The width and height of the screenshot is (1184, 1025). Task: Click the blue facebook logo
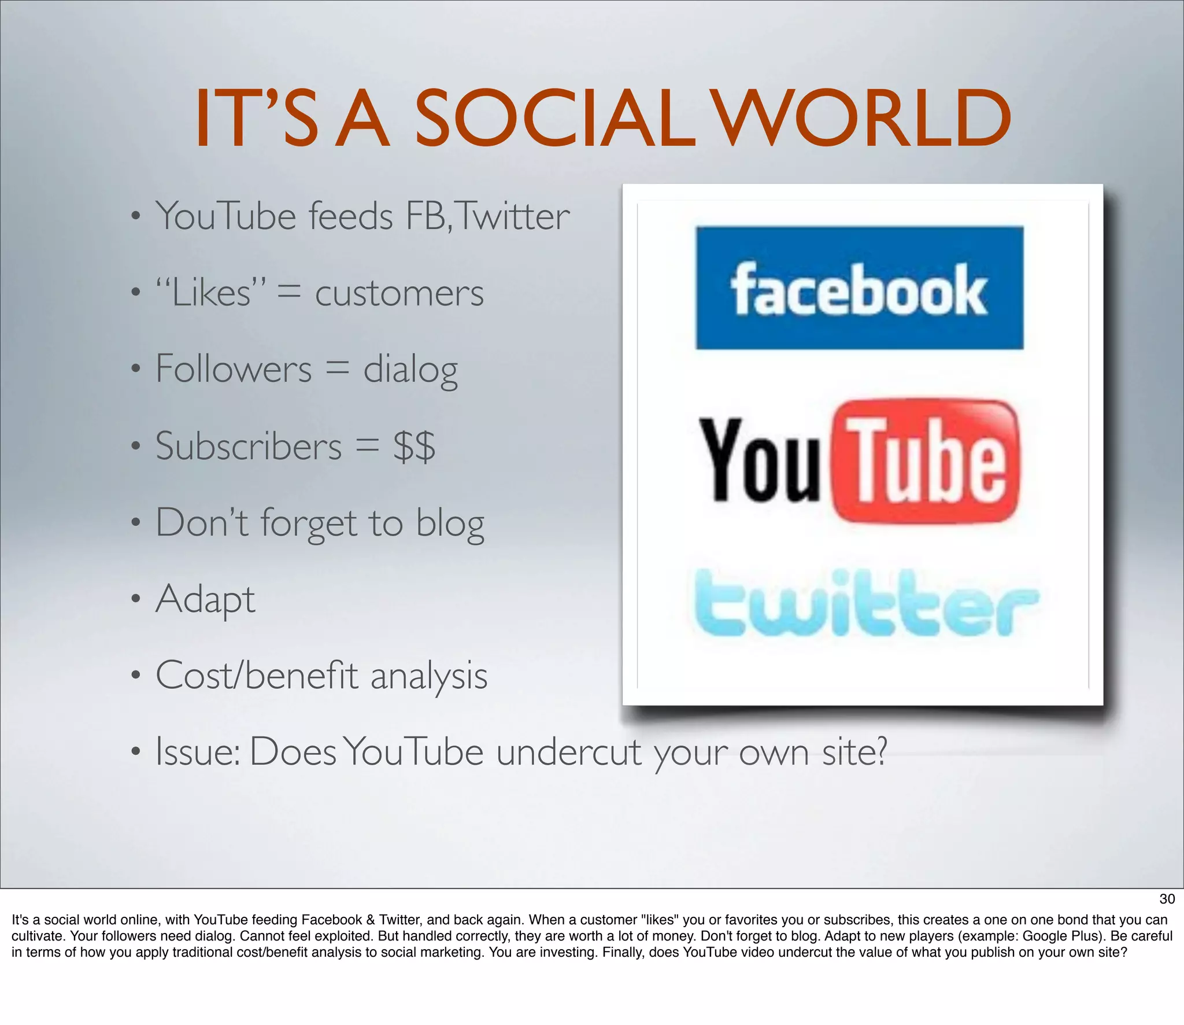(859, 288)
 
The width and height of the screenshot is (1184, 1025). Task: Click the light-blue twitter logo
(865, 603)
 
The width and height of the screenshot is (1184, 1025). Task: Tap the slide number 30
(1167, 899)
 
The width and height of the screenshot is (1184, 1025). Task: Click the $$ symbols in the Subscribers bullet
(414, 447)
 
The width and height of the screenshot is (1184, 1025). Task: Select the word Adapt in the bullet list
(205, 599)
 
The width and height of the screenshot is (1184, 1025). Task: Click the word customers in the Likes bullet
(399, 293)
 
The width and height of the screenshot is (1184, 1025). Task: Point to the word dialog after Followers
(410, 370)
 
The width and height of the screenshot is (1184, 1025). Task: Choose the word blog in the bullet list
(450, 523)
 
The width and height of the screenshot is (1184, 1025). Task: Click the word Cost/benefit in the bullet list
(257, 676)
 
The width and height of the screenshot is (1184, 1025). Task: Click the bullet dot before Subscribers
(135, 447)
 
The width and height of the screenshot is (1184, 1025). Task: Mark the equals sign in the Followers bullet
(338, 369)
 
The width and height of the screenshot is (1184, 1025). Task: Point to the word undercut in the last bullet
(569, 753)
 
